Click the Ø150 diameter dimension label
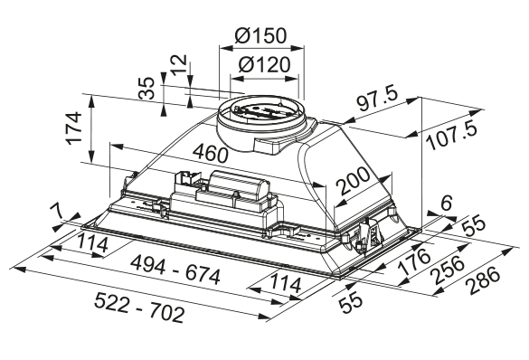[260, 35]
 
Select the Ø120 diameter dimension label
[264, 64]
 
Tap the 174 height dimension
[74, 128]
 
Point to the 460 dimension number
[211, 153]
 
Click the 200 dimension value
[354, 181]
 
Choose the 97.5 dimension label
[378, 99]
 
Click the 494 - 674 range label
[175, 270]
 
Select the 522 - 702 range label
[139, 308]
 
